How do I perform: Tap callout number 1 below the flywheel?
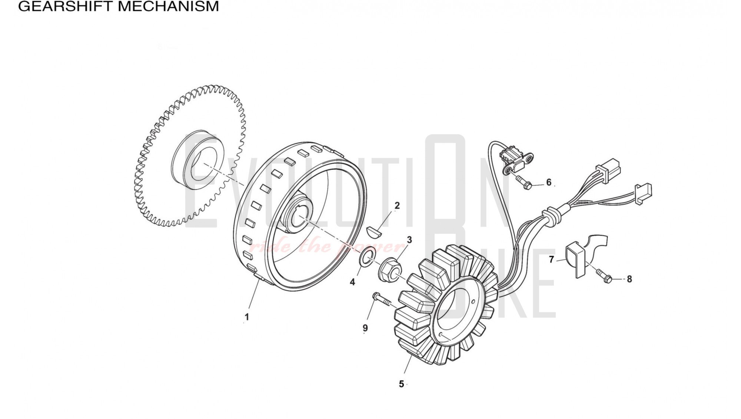tap(247, 317)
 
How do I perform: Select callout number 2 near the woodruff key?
tap(397, 205)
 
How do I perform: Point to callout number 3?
tap(409, 240)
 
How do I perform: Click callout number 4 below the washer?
tap(352, 282)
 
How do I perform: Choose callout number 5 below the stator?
tap(401, 384)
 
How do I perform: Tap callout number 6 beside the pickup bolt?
tap(549, 182)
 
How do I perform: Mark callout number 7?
tap(551, 260)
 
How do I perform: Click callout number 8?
tap(629, 279)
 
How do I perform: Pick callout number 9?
tap(365, 328)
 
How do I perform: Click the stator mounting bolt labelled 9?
tap(382, 300)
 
